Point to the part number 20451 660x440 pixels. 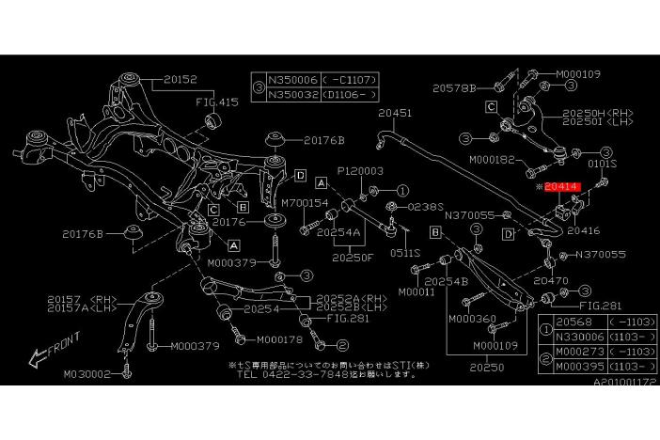pos(395,114)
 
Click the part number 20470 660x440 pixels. pos(552,279)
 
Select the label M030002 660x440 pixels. pos(87,373)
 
